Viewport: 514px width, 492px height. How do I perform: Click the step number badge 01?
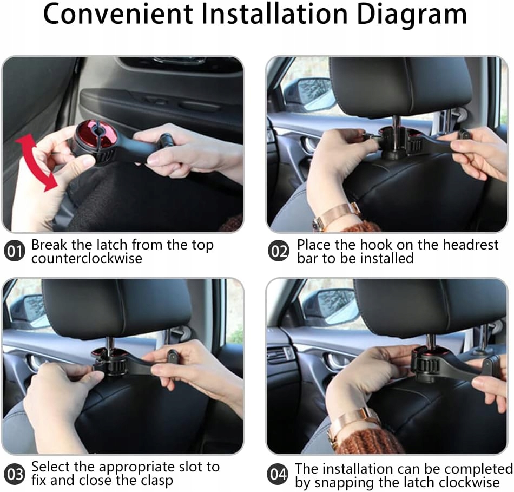point(15,251)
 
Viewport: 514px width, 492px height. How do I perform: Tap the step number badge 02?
point(279,251)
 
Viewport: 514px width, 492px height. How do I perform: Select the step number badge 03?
point(15,474)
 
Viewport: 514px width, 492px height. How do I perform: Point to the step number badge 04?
point(278,474)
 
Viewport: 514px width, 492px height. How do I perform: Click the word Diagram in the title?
point(412,15)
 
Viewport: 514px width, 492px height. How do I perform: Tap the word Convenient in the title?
point(118,15)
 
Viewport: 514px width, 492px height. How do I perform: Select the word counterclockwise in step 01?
point(87,259)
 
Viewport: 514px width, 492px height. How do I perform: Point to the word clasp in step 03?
point(157,481)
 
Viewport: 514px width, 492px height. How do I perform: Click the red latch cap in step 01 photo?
point(94,134)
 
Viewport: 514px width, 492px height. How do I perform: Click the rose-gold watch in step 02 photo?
point(336,216)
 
